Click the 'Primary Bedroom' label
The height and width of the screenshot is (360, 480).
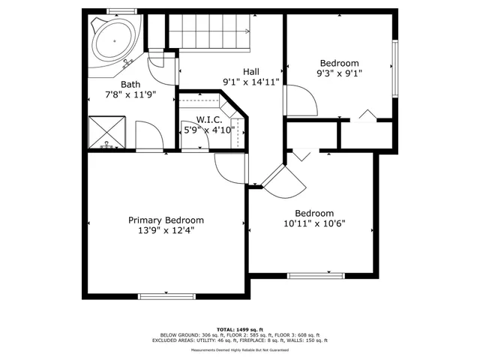(166, 220)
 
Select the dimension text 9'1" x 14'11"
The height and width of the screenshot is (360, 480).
(250, 82)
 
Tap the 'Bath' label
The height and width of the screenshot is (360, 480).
(130, 85)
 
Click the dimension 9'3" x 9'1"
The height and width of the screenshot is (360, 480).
(339, 74)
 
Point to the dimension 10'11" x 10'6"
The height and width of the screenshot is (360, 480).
(314, 223)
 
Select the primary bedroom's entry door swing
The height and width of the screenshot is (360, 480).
(229, 169)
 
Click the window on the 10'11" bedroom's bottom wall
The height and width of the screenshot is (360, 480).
(315, 276)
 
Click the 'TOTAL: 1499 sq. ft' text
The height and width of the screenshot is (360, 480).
(240, 329)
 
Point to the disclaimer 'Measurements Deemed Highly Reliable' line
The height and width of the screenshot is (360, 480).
(240, 349)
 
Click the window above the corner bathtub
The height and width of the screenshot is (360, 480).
(117, 11)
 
